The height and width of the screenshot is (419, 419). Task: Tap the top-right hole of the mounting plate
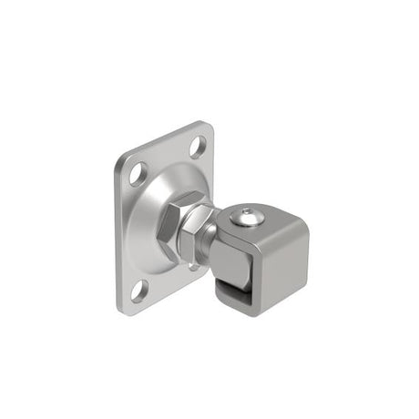click(198, 144)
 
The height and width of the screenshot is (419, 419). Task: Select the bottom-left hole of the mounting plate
click(138, 290)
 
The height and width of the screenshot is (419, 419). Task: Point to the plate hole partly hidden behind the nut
click(193, 265)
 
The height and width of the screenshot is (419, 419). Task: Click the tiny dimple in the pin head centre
click(247, 216)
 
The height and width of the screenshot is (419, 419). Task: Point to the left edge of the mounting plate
click(118, 232)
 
